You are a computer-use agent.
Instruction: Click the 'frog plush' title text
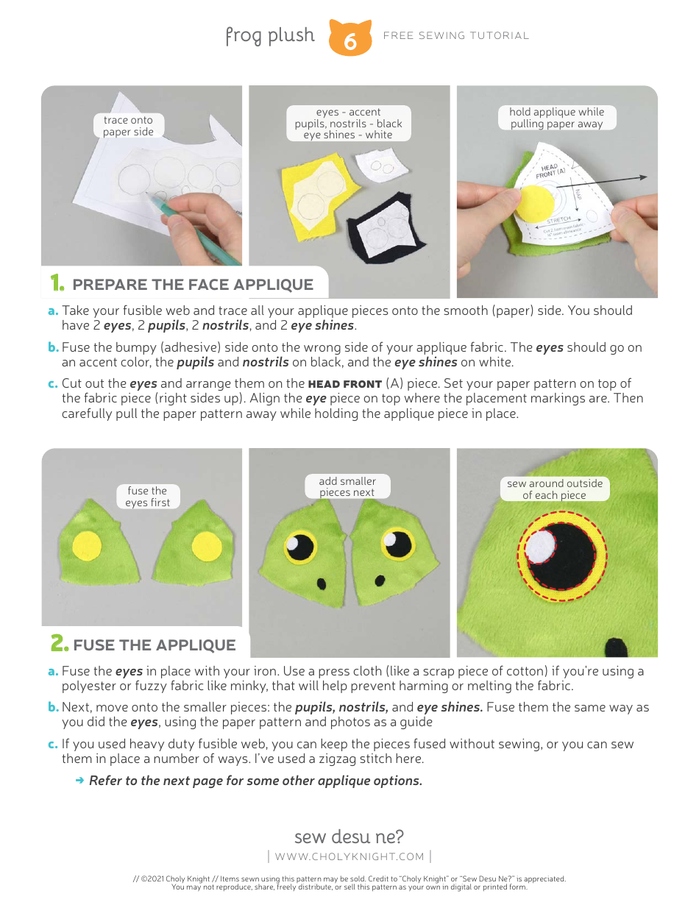click(269, 35)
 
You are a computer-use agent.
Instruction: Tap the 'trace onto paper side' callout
click(128, 126)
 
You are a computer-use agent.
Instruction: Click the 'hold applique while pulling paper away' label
click(556, 118)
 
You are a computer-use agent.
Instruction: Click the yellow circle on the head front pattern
click(536, 204)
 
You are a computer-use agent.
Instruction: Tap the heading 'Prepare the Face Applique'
click(193, 285)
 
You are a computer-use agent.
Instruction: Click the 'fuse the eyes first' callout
click(147, 497)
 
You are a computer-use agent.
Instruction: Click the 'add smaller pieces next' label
click(347, 486)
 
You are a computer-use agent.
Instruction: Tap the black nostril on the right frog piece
click(380, 582)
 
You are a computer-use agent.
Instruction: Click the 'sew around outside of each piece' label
click(555, 489)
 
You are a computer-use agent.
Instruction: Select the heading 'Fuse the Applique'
click(154, 645)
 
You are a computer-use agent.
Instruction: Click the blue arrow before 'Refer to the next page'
click(80, 780)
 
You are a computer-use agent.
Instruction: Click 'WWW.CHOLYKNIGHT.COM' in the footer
click(349, 856)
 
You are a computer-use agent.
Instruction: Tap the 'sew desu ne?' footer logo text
click(349, 837)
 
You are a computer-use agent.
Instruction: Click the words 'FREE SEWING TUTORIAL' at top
click(456, 35)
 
